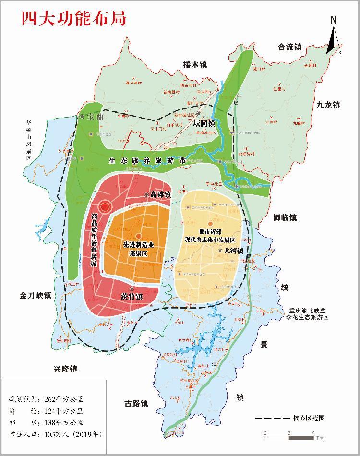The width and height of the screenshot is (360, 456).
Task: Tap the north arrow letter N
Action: pyautogui.click(x=334, y=20)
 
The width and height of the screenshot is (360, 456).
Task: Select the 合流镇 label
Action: pyautogui.click(x=290, y=47)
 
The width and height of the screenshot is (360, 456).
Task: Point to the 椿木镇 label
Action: pyautogui.click(x=195, y=64)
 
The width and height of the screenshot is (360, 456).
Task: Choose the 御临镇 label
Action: pyautogui.click(x=285, y=218)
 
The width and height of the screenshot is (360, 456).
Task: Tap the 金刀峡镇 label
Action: pyautogui.click(x=36, y=295)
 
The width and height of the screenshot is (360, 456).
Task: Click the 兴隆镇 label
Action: pyautogui.click(x=65, y=369)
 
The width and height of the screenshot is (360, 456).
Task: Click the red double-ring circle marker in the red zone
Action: pyautogui.click(x=106, y=207)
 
